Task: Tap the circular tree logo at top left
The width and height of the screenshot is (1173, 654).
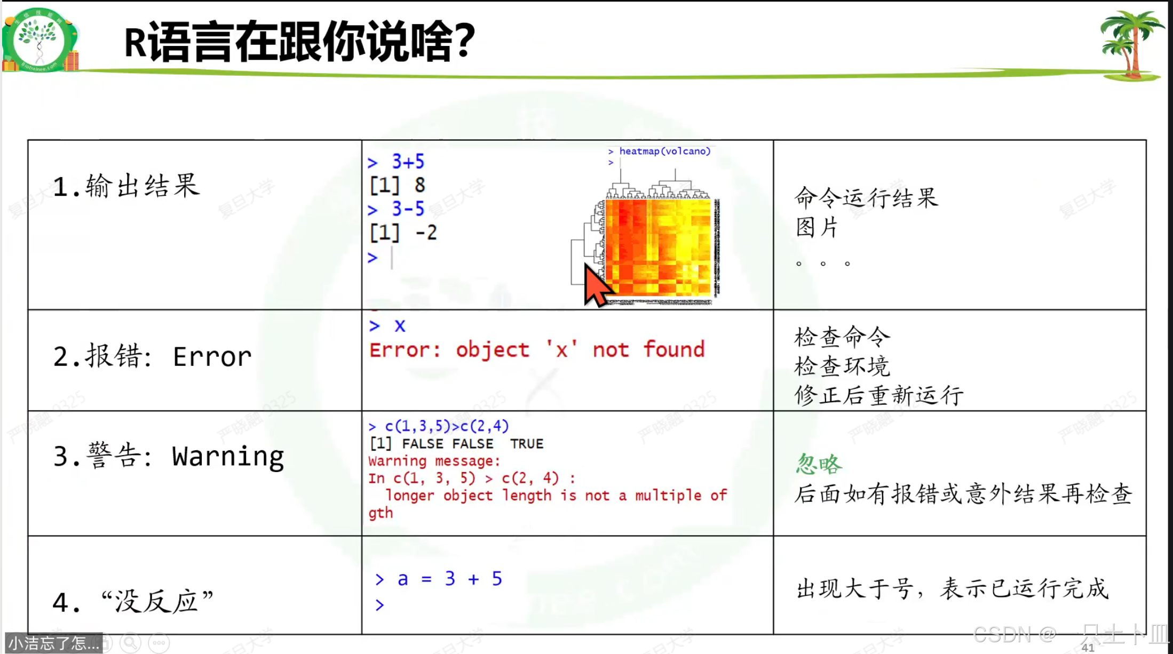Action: [39, 40]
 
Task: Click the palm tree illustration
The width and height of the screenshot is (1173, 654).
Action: [1130, 45]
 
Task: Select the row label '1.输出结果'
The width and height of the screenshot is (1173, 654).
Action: [126, 186]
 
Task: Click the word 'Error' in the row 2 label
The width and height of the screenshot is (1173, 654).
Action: [212, 356]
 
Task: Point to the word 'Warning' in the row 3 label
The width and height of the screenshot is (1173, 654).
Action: [228, 457]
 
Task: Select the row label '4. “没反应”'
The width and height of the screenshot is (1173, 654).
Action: [133, 602]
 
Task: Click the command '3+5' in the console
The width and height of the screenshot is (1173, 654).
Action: [408, 162]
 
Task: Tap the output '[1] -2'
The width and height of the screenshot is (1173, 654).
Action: [403, 233]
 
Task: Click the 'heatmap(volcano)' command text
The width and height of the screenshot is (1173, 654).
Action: [664, 151]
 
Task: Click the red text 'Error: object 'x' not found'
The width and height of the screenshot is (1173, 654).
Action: [537, 350]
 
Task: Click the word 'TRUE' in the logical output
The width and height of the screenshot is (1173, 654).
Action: [526, 444]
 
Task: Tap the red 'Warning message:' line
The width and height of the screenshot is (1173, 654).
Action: [434, 461]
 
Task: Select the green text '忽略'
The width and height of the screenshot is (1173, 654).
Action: [819, 464]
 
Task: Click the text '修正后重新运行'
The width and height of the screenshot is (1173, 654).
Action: [878, 396]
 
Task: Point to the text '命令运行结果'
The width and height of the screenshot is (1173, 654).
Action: [866, 198]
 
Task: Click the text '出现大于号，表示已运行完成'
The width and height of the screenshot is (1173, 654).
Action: [952, 589]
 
